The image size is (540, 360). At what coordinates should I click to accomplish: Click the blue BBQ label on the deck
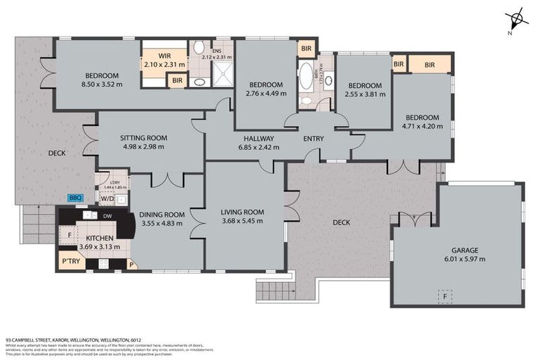(x=75, y=198)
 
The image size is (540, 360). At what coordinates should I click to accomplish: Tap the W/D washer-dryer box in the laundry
(x=108, y=199)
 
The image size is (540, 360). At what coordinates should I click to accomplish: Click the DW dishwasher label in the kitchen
(x=107, y=216)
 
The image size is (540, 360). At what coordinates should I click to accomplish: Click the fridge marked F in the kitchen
(x=68, y=234)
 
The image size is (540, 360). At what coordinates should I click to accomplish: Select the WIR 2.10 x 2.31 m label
(x=164, y=60)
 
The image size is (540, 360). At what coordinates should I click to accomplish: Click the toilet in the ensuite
(x=199, y=48)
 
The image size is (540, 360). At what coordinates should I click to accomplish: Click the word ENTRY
(x=314, y=139)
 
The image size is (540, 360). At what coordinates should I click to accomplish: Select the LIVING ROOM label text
(x=242, y=212)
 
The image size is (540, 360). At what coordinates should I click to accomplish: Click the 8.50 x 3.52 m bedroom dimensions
(x=103, y=84)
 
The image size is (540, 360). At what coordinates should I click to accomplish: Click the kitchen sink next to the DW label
(x=88, y=216)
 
